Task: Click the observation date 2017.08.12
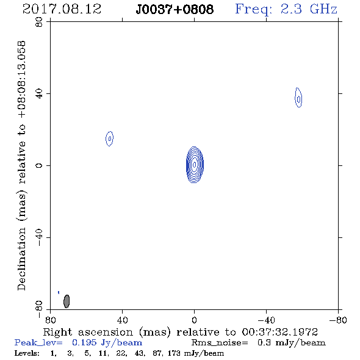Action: (x=62, y=9)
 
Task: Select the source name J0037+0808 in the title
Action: (x=175, y=9)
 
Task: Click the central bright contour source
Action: (x=195, y=165)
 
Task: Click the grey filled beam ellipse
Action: (x=67, y=301)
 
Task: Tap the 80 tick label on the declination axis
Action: (x=39, y=22)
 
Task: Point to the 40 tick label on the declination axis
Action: (x=39, y=94)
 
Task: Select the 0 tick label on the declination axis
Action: (x=39, y=165)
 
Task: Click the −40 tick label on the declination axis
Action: (x=39, y=237)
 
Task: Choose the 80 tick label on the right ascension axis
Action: (x=50, y=320)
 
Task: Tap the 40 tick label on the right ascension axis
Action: (x=122, y=320)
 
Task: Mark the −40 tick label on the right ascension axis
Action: (x=266, y=320)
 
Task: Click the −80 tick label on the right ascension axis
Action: (x=338, y=320)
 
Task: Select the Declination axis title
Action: (x=22, y=165)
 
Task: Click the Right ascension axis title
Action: (x=180, y=332)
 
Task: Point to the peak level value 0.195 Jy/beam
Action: (x=107, y=343)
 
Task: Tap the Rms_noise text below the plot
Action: (x=220, y=343)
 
